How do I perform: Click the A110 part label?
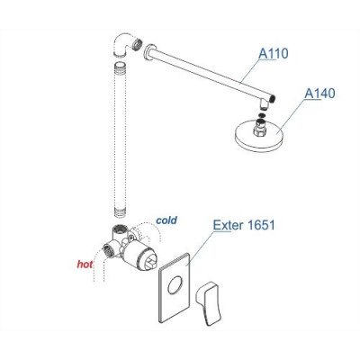point(273,54)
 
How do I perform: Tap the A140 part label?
point(319,94)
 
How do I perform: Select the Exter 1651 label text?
point(244,225)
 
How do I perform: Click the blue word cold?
point(166,220)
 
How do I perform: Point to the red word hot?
point(85,265)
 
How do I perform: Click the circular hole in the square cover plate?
point(175,285)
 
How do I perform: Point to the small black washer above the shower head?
point(261,116)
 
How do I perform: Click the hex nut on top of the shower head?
point(260,128)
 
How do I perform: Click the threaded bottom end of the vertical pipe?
point(120,211)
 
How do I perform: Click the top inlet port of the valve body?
point(120,231)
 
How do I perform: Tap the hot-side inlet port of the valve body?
point(108,249)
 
